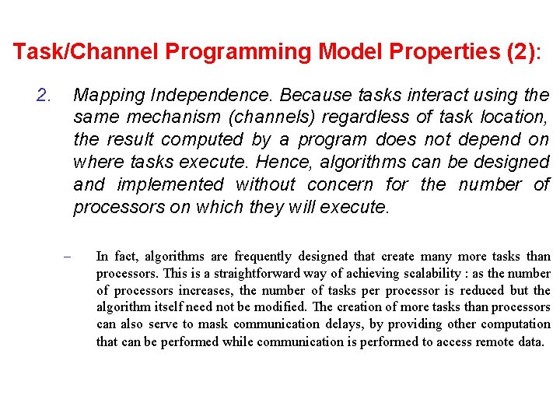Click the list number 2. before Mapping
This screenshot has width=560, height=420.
pyautogui.click(x=44, y=96)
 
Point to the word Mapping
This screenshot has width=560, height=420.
pyautogui.click(x=109, y=96)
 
